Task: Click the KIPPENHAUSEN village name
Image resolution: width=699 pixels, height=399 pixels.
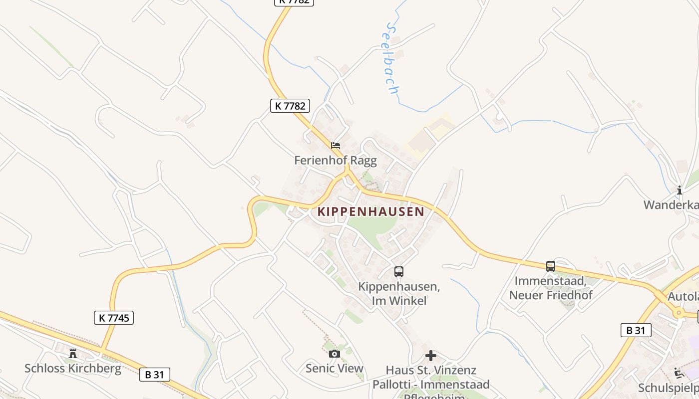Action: click(371, 211)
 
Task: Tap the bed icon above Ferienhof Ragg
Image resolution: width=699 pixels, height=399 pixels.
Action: click(336, 146)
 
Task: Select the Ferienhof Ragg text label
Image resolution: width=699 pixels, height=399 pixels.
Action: click(335, 160)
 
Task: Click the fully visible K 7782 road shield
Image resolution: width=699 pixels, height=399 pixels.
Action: click(290, 106)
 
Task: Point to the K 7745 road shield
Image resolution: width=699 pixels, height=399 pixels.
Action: click(114, 317)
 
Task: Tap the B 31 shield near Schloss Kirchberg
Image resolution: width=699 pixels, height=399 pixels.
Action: click(154, 375)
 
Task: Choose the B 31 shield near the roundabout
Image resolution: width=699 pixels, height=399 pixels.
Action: click(636, 330)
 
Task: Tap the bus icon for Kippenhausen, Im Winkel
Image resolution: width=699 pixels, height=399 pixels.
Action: click(398, 272)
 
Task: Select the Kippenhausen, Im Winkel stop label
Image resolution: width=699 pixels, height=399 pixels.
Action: click(399, 294)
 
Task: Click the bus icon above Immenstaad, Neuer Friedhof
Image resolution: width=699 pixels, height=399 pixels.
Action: click(550, 266)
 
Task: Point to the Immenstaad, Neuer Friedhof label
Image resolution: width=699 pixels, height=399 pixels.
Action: click(550, 288)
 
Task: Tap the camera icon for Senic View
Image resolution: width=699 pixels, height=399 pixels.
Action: click(335, 354)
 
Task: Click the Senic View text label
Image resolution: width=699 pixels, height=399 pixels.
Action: click(335, 369)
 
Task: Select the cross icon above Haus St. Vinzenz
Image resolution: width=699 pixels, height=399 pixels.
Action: click(430, 356)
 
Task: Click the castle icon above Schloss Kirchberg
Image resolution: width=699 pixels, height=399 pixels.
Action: click(73, 354)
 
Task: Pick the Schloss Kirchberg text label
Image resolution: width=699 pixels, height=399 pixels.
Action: click(73, 369)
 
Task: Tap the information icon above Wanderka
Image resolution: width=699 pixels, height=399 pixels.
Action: click(679, 190)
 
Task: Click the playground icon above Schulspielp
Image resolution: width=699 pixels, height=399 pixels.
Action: click(679, 373)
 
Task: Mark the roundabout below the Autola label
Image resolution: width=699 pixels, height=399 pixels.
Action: click(678, 313)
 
